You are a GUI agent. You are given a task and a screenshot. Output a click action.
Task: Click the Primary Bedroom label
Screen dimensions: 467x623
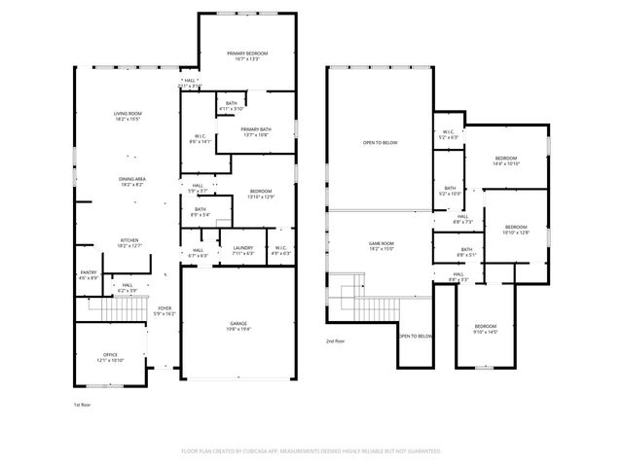tap(247, 53)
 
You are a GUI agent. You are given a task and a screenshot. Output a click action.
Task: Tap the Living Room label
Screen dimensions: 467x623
tap(128, 114)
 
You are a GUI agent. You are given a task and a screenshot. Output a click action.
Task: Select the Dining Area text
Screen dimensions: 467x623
tap(131, 179)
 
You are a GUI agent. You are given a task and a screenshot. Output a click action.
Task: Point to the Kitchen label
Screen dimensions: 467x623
tap(129, 240)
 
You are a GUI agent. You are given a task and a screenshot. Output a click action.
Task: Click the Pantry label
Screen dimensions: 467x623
tap(88, 273)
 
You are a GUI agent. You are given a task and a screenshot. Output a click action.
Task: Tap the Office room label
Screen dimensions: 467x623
tap(110, 354)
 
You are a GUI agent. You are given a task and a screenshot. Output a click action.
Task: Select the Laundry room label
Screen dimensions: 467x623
tap(242, 248)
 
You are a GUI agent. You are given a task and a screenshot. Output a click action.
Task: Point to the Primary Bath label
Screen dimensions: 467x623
tap(256, 129)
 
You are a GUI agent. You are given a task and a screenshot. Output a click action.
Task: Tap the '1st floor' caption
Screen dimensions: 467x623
tap(84, 404)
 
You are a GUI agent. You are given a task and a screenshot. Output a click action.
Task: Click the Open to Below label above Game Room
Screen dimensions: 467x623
tap(380, 143)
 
